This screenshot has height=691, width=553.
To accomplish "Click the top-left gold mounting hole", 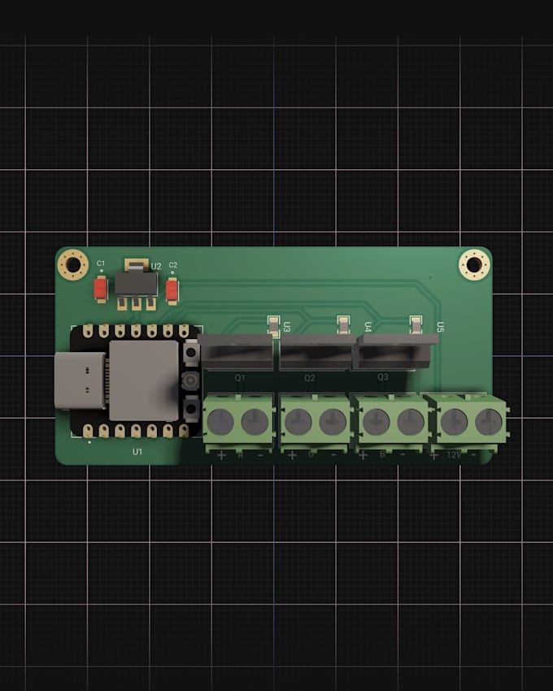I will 73,264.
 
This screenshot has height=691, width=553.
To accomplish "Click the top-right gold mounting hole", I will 474,264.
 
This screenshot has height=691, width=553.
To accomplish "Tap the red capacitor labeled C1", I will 101,289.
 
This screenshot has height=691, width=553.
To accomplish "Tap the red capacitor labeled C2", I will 172,289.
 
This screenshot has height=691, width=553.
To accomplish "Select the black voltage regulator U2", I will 136,283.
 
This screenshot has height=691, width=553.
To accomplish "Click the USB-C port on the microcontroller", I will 80,380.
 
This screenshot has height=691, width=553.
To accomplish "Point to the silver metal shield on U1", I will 144,380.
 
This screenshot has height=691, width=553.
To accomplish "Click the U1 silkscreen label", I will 137,451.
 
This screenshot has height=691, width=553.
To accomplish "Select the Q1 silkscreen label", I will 240,378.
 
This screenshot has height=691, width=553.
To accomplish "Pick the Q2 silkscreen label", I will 310,378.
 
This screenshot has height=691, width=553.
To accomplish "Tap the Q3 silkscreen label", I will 382,378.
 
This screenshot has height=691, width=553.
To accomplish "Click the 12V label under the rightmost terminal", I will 454,454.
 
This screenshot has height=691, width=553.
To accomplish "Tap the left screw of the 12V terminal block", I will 454,421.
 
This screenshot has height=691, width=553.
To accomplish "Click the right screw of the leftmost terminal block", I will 255,421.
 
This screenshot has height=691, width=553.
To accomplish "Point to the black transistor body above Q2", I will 316,352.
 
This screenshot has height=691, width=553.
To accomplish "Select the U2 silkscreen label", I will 156,266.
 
